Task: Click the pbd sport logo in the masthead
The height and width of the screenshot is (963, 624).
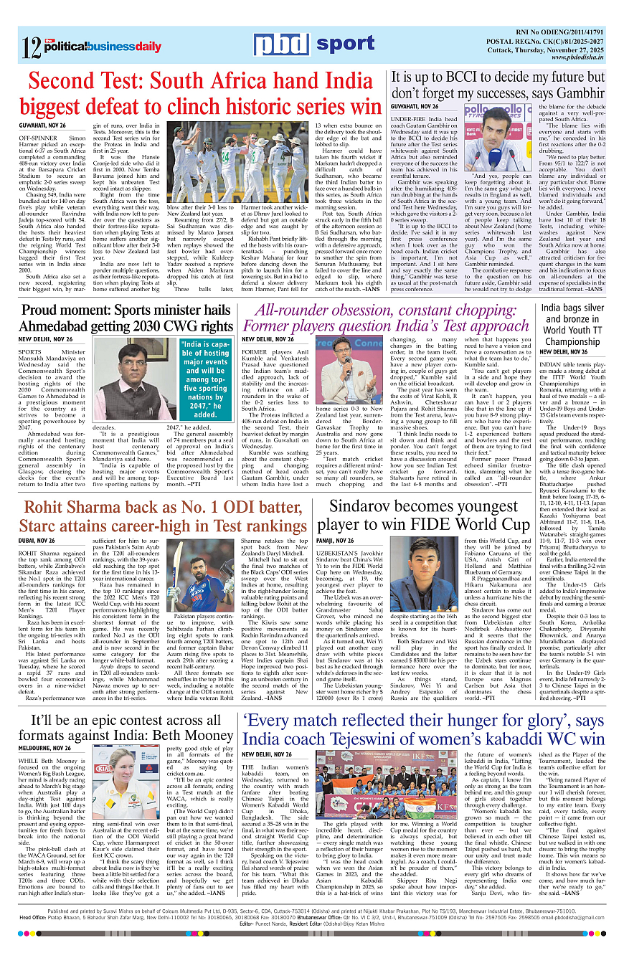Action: point(313,44)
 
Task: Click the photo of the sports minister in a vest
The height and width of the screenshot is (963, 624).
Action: point(137,381)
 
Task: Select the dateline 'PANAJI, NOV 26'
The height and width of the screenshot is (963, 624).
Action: point(335,540)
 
